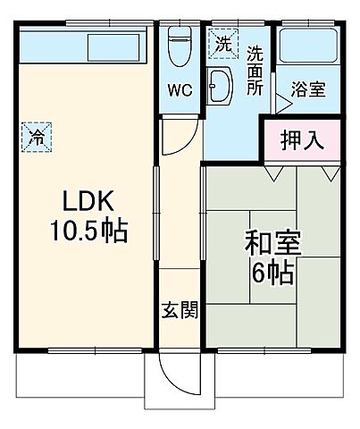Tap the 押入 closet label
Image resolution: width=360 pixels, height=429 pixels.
[301, 140]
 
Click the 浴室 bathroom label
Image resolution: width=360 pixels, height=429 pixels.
[308, 90]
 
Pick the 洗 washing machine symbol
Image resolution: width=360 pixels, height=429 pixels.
[221, 42]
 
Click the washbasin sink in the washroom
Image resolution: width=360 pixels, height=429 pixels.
[220, 87]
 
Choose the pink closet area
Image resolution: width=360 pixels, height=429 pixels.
[301, 141]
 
